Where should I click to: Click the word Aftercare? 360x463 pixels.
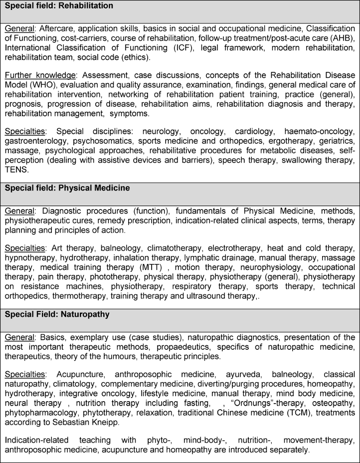pyautogui.click(x=54, y=30)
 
